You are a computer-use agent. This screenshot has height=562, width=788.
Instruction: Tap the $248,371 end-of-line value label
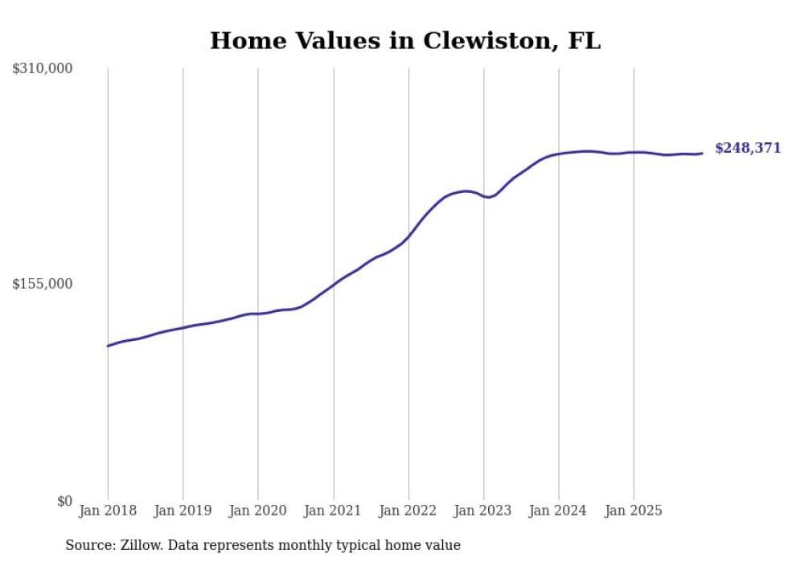pyautogui.click(x=747, y=148)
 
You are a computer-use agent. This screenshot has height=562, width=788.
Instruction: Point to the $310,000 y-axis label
pyautogui.click(x=42, y=69)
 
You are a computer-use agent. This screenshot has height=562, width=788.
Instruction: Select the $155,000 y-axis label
pyautogui.click(x=42, y=284)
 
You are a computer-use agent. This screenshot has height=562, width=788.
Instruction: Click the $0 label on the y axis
pyautogui.click(x=64, y=501)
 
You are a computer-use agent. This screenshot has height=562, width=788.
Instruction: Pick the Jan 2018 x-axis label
pyautogui.click(x=108, y=511)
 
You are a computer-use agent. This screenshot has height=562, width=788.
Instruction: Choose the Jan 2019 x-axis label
pyautogui.click(x=183, y=511)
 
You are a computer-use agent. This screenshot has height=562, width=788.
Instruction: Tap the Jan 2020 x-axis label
pyautogui.click(x=258, y=511)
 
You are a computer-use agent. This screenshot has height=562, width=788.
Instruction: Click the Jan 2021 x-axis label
pyautogui.click(x=333, y=511)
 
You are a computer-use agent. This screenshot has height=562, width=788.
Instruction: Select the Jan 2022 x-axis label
pyautogui.click(x=408, y=511)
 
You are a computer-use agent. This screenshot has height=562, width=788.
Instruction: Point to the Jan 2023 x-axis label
pyautogui.click(x=483, y=511)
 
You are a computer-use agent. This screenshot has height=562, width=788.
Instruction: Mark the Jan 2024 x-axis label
pyautogui.click(x=559, y=511)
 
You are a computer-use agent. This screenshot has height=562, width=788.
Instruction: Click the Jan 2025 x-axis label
pyautogui.click(x=634, y=511)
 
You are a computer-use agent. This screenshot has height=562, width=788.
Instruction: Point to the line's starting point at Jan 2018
pyautogui.click(x=108, y=346)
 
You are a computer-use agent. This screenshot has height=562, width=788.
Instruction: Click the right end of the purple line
pyautogui.click(x=702, y=154)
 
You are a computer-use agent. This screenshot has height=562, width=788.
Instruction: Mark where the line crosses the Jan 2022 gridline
pyautogui.click(x=408, y=235)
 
